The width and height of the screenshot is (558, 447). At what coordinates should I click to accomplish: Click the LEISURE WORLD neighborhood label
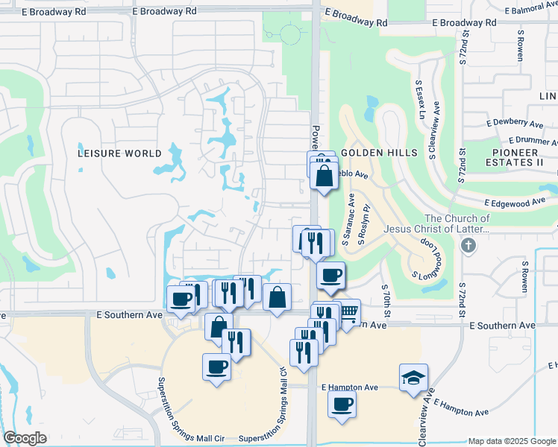119,153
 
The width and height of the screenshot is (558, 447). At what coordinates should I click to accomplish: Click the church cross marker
468,246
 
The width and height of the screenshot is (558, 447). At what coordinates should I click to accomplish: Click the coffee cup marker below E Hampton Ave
342,405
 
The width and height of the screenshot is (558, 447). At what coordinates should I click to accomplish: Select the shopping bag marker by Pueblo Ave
324,177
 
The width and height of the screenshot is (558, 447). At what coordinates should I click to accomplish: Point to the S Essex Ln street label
419,101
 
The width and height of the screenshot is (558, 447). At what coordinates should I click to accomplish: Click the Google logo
25,438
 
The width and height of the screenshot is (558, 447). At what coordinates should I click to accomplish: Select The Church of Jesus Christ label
437,223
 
